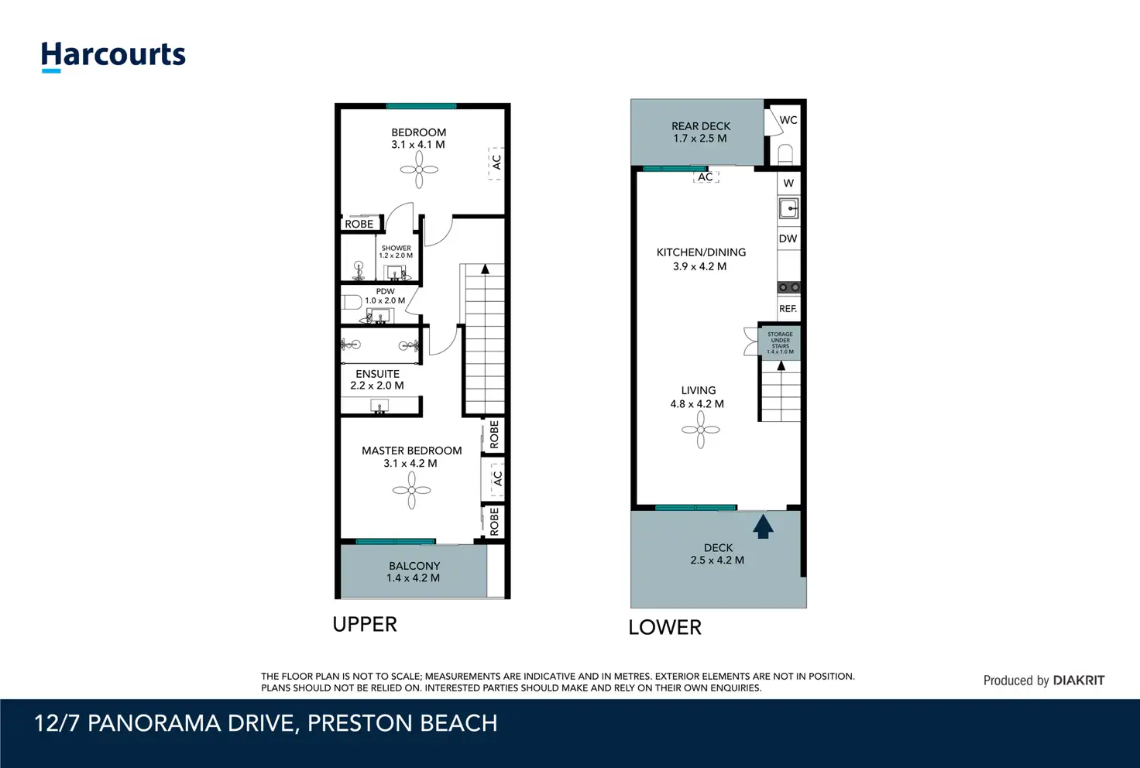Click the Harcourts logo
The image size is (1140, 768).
click(113, 56)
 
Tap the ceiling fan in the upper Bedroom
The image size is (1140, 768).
click(419, 170)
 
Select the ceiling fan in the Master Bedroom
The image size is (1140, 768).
click(412, 490)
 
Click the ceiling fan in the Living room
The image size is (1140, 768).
click(701, 430)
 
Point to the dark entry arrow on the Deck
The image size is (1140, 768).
click(763, 526)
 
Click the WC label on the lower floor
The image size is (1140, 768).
click(788, 120)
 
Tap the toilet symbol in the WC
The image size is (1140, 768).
click(786, 155)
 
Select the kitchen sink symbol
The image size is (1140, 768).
click(788, 208)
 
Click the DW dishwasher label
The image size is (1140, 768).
click(788, 238)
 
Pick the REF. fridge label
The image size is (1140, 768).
click(788, 309)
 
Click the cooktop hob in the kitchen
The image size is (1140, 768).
click(788, 288)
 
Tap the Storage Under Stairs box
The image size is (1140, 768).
click(780, 343)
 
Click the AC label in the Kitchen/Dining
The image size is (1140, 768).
click(706, 177)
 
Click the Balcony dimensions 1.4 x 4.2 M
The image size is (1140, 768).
click(413, 578)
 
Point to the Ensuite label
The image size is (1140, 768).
click(378, 374)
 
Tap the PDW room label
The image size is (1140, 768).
click(385, 291)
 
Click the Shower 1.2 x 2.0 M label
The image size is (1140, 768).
click(396, 252)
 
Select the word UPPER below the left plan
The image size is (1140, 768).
click(365, 624)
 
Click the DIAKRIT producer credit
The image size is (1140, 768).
click(1078, 681)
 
